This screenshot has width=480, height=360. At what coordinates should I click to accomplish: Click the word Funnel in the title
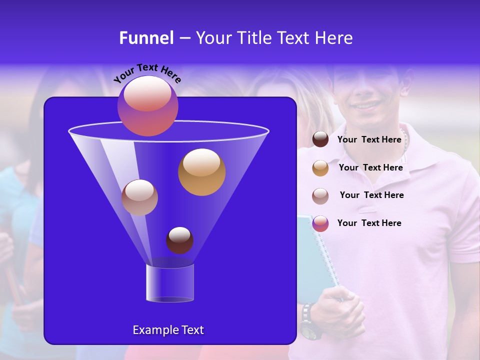point(146,38)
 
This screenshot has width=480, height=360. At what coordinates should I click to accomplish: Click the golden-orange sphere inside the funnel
point(201,171)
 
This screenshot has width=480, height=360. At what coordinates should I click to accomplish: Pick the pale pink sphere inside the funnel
point(139,197)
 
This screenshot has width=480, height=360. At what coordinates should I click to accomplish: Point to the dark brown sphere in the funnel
point(179,240)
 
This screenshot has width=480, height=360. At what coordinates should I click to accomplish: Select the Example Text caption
point(168,330)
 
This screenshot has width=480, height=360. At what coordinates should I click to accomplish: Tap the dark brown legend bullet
point(320,139)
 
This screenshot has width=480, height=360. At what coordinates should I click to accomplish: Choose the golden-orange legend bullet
point(320,167)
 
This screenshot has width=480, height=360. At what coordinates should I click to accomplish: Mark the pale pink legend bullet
point(320,195)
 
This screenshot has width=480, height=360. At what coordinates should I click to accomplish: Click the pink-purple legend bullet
point(320,223)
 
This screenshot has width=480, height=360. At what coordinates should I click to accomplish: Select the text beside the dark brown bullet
point(369,139)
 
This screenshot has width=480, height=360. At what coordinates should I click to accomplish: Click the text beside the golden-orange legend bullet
point(370,167)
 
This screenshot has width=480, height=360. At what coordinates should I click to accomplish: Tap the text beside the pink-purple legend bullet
point(369,223)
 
